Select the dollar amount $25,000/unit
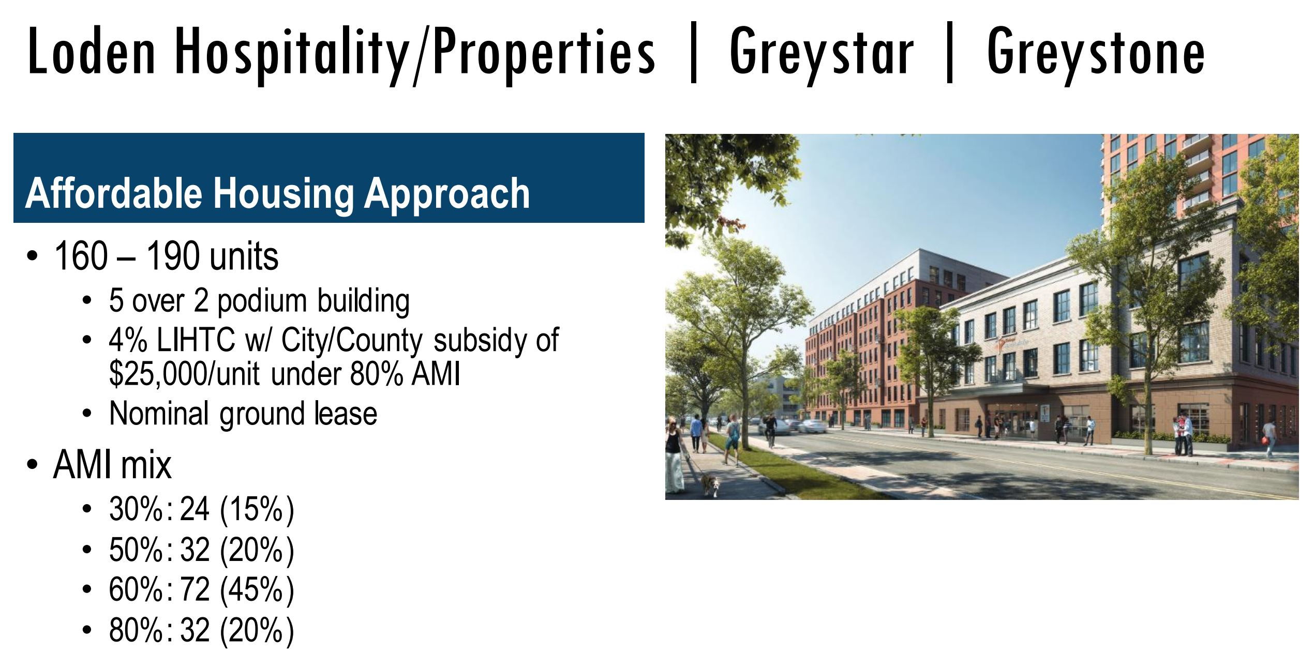point(184,374)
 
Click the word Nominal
point(159,414)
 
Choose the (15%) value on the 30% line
point(257,509)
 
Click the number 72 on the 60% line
point(195,589)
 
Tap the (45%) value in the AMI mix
point(257,590)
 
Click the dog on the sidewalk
point(710,486)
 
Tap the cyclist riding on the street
point(771,431)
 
